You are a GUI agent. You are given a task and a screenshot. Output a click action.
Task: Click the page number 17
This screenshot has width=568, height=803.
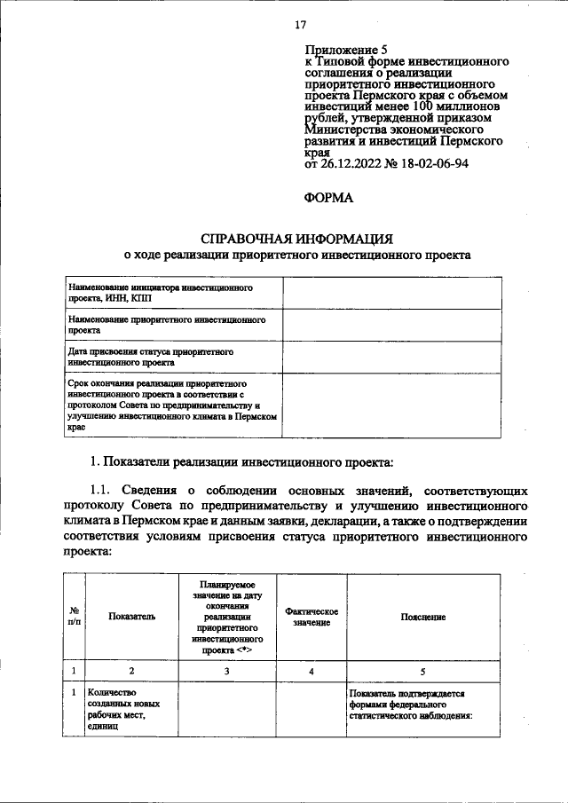pyautogui.click(x=299, y=25)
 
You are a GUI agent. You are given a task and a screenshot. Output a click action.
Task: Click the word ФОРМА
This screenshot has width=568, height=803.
pyautogui.click(x=328, y=200)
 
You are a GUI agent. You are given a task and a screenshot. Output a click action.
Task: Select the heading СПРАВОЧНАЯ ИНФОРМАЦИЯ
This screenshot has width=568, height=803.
pyautogui.click(x=296, y=238)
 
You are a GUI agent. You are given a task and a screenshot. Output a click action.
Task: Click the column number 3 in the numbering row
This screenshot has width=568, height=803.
pyautogui.click(x=227, y=671)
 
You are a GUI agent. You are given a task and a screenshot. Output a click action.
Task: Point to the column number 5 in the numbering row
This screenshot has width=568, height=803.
pyautogui.click(x=422, y=671)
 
